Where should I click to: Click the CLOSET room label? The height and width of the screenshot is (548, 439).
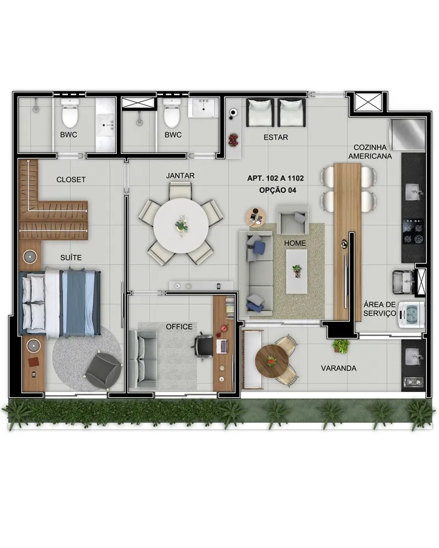(71, 180)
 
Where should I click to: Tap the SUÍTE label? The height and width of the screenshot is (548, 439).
(71, 258)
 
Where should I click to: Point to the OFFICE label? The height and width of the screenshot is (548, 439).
(179, 327)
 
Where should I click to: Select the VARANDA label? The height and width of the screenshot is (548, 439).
(339, 368)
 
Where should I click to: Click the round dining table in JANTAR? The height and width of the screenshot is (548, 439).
(181, 225)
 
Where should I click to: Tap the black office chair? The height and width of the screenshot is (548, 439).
(203, 346)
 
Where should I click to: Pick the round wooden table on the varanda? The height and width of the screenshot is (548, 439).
(272, 361)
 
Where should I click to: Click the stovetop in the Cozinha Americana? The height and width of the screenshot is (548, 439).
(413, 231)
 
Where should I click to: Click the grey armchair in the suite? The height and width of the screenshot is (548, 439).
(104, 371)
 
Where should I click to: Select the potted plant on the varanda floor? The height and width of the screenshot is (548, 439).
(341, 346)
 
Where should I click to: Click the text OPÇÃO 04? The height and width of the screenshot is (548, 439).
(278, 190)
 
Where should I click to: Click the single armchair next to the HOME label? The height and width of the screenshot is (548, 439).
(292, 220)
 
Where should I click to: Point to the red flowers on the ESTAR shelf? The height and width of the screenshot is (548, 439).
(233, 140)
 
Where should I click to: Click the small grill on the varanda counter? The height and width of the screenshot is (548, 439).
(413, 382)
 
